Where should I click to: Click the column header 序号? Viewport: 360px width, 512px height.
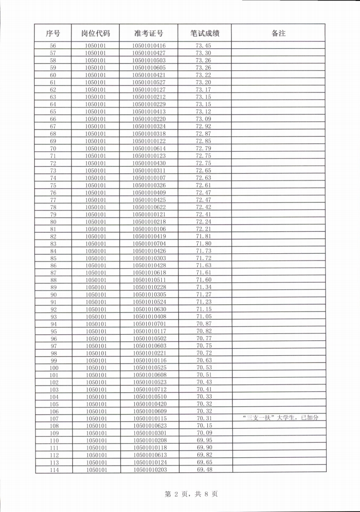(x=53, y=33)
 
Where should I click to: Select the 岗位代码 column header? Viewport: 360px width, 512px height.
(x=96, y=33)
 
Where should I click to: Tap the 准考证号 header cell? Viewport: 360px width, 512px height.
(x=149, y=33)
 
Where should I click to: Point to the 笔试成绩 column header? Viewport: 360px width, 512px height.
(x=205, y=33)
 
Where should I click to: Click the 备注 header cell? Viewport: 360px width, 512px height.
(x=278, y=33)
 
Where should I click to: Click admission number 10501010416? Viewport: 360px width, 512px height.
(x=149, y=46)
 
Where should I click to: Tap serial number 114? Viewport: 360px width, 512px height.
(x=54, y=470)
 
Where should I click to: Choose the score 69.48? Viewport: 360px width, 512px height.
(x=204, y=470)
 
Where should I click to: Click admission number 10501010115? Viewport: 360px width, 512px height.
(x=149, y=418)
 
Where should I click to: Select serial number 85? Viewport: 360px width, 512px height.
(x=53, y=258)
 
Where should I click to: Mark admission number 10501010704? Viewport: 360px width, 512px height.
(x=149, y=244)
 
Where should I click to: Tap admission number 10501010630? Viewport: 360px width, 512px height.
(x=149, y=309)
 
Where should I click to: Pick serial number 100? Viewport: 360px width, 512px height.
(x=54, y=368)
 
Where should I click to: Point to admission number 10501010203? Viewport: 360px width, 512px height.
(x=149, y=470)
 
